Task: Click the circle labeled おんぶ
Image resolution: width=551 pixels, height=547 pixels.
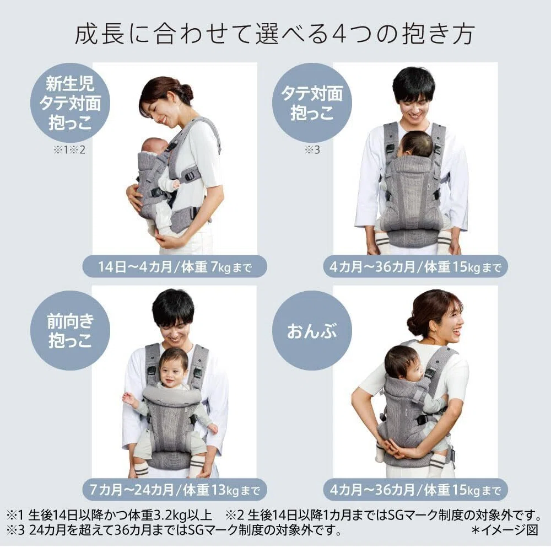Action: point(312,331)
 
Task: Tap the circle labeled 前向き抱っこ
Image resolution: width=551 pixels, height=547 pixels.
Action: point(71,331)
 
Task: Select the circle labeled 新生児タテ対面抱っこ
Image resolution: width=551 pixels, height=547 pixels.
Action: point(71,103)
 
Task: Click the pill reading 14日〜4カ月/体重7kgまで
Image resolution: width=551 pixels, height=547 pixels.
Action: point(175,267)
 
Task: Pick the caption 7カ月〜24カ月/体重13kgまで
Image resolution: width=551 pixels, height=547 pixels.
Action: point(175,490)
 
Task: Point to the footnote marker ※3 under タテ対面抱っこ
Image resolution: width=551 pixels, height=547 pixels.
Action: point(312,150)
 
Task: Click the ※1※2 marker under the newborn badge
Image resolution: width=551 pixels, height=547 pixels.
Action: point(69,150)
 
